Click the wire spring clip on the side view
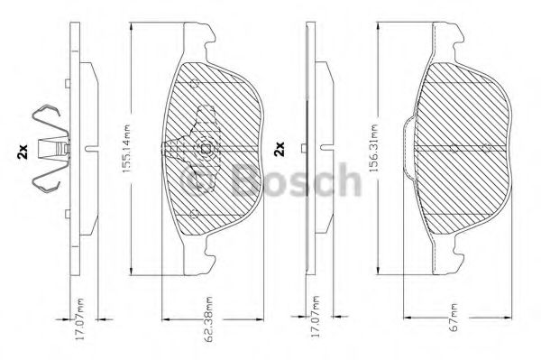[x=49, y=150]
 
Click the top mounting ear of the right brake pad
[x=444, y=36]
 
